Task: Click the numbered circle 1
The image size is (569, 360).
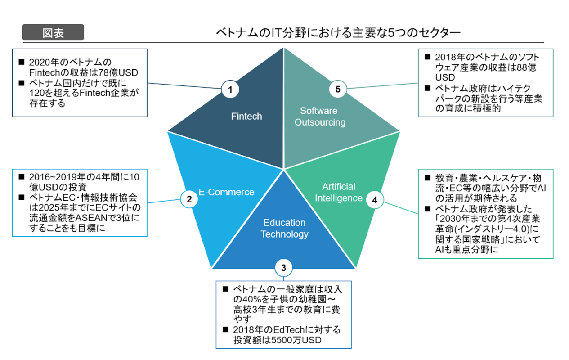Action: pos(230,90)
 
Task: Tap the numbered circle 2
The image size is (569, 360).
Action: pos(189,200)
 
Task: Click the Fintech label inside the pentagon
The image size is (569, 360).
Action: pos(246,116)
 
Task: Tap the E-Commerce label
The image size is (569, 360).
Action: pos(226,192)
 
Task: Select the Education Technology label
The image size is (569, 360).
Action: pos(284,228)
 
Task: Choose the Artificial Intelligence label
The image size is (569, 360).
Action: pos(338,192)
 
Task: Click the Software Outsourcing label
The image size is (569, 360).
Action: pos(320,117)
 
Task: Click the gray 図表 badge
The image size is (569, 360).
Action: pos(53,33)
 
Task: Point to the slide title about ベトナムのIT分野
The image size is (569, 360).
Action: pos(338,33)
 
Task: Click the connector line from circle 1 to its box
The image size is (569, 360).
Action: pos(184,86)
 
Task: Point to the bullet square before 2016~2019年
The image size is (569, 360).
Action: pos(21,176)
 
